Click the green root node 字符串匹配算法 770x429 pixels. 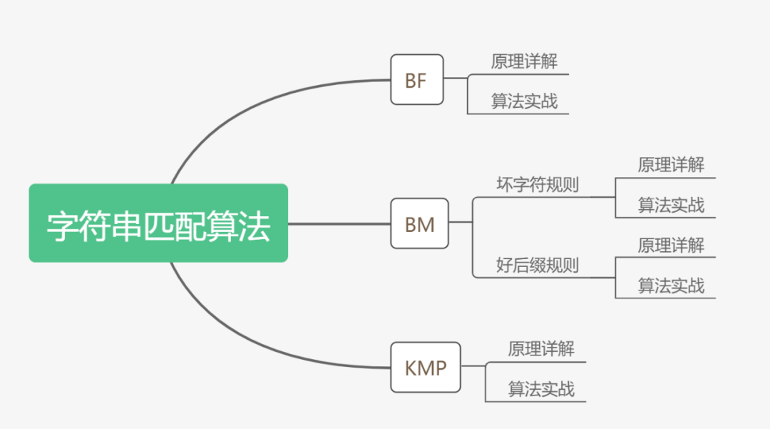click(158, 223)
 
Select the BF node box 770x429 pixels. click(416, 80)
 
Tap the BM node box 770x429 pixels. click(419, 224)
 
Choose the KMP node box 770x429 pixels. click(426, 368)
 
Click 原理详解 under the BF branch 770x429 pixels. click(524, 62)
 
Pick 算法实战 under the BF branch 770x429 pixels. click(524, 101)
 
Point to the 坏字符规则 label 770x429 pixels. click(537, 185)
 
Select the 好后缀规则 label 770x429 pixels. click(537, 266)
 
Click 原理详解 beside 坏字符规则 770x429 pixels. click(671, 165)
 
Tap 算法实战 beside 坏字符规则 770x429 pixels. click(671, 206)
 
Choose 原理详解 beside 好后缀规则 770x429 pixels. click(671, 246)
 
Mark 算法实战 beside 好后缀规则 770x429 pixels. click(671, 286)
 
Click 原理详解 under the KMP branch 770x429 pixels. click(541, 349)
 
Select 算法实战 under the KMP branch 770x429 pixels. click(541, 389)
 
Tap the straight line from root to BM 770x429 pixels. click(339, 223)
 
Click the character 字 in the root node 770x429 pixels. click(61, 225)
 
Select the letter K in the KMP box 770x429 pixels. click(412, 368)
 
